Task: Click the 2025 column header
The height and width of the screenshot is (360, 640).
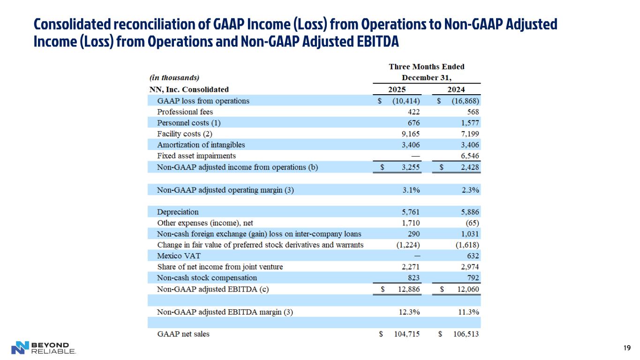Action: click(x=397, y=90)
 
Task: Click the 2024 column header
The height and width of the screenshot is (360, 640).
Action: click(x=457, y=90)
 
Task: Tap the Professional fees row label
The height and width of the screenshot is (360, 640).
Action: click(x=185, y=112)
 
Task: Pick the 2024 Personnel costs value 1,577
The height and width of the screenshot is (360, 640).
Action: click(x=469, y=123)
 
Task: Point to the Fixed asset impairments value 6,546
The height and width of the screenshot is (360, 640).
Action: click(x=469, y=156)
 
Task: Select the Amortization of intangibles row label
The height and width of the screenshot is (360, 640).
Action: click(x=201, y=145)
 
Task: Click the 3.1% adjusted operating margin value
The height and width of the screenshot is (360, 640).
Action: click(x=411, y=190)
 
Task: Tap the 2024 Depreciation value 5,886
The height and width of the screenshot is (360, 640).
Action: click(x=469, y=212)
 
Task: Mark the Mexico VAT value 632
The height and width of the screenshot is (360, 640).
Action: click(x=473, y=256)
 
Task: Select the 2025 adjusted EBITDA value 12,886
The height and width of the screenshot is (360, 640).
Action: click(x=407, y=289)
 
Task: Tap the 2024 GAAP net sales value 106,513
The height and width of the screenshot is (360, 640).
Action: click(x=466, y=334)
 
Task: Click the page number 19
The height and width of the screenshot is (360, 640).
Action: click(x=627, y=348)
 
